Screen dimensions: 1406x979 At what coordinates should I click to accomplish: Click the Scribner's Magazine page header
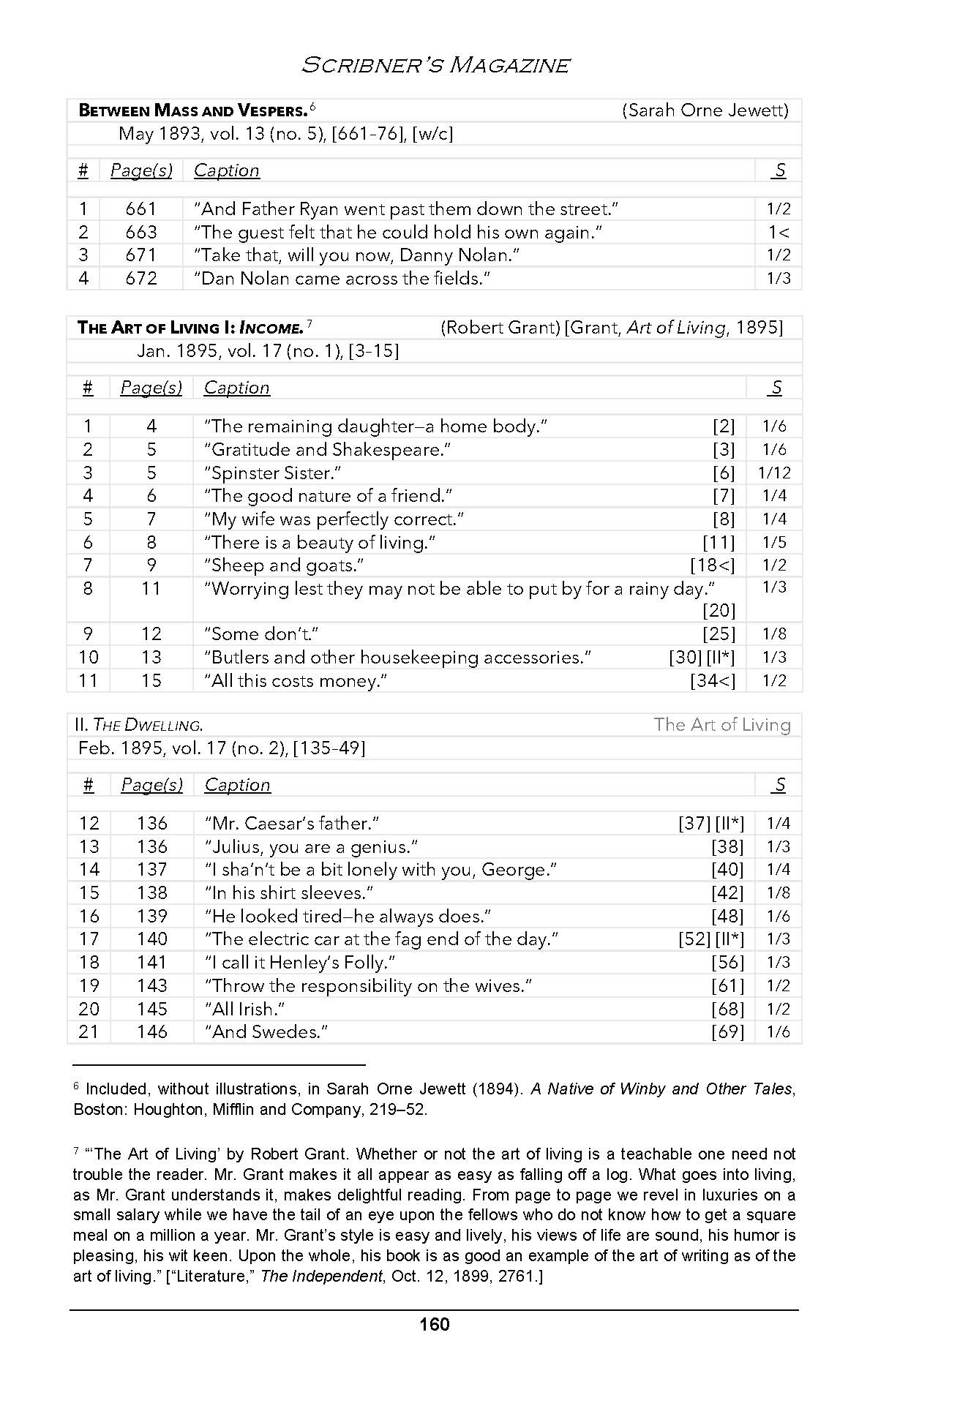(435, 65)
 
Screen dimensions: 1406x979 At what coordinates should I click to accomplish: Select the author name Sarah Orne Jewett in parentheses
(705, 110)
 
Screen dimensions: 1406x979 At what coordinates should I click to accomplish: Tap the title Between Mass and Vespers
(192, 111)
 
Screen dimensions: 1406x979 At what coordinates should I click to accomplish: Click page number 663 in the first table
(140, 233)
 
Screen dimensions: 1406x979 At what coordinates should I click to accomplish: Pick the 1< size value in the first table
(778, 233)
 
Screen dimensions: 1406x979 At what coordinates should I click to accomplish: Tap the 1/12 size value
(774, 473)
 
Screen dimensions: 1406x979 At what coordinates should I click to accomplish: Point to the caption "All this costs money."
(296, 681)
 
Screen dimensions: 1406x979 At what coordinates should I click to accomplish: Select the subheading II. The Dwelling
(139, 726)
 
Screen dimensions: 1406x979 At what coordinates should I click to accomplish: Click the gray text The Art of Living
(721, 725)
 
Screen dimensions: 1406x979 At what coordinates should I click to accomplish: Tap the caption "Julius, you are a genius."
(311, 847)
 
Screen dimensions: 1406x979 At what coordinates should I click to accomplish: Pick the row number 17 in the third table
(89, 939)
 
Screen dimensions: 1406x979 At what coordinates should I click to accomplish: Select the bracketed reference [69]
(727, 1032)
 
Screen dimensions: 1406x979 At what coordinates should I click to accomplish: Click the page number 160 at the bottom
(435, 1325)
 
